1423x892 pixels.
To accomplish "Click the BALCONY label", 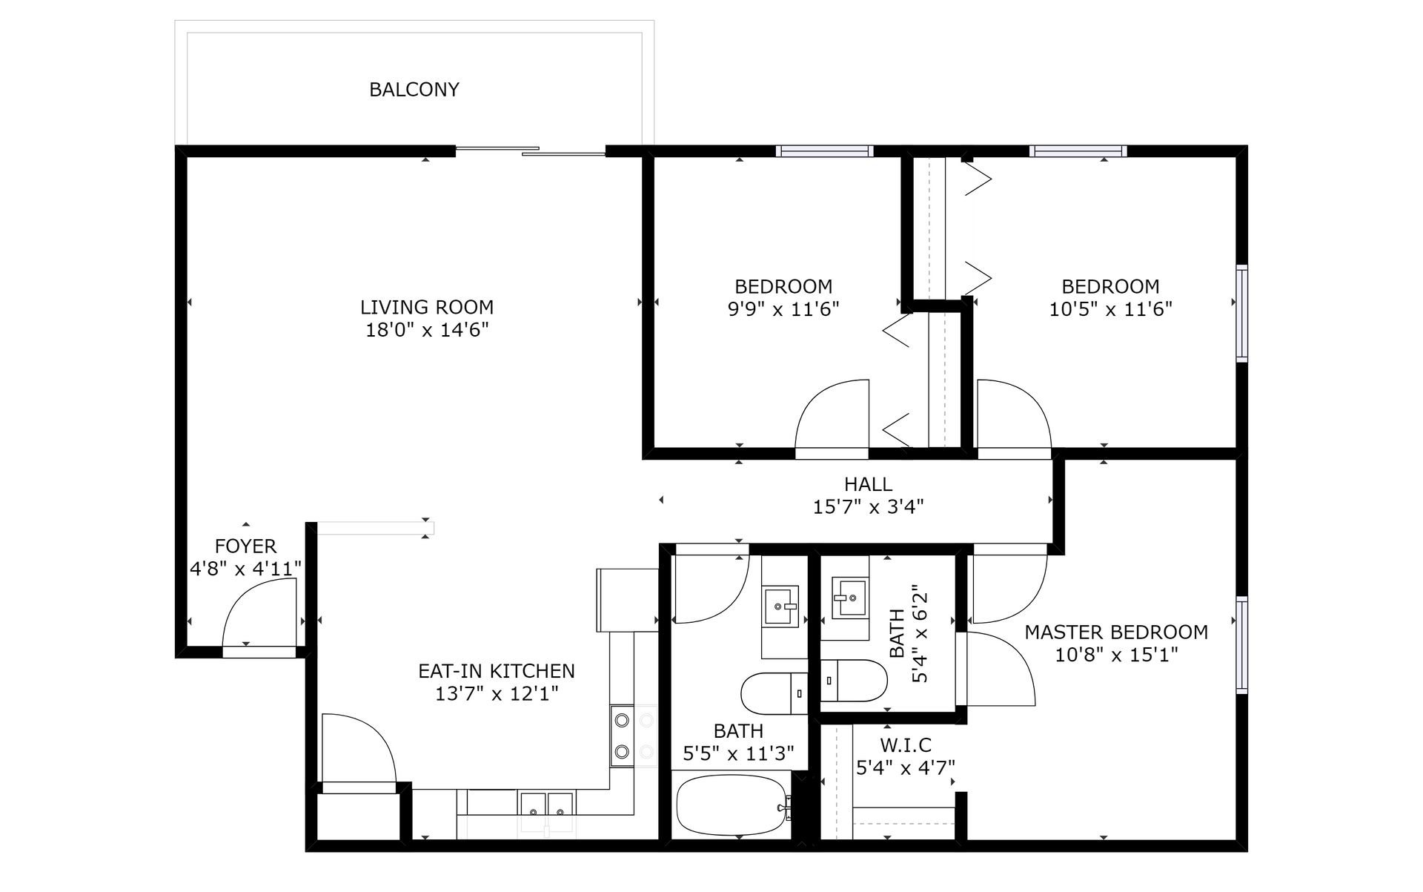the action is (414, 90).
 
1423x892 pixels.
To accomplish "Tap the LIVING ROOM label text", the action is (427, 307).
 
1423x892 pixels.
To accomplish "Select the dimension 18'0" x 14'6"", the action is (427, 330).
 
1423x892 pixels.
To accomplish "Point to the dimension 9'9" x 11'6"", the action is (783, 309).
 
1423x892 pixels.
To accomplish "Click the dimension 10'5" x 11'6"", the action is (1110, 309).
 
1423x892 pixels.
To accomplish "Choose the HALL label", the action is (868, 484).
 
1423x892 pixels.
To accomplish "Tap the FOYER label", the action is (245, 546).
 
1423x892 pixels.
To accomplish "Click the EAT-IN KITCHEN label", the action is (497, 671).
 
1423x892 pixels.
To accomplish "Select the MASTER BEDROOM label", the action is (1116, 632).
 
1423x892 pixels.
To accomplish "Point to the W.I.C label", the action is (906, 745).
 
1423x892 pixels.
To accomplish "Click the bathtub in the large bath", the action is (733, 805).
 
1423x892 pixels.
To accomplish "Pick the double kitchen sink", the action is (547, 805).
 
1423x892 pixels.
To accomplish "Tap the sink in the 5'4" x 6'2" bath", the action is (849, 598).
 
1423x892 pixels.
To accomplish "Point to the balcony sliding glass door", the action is (531, 151).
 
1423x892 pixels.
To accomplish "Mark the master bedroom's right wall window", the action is (1242, 645).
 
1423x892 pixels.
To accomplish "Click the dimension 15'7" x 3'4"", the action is (868, 507).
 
